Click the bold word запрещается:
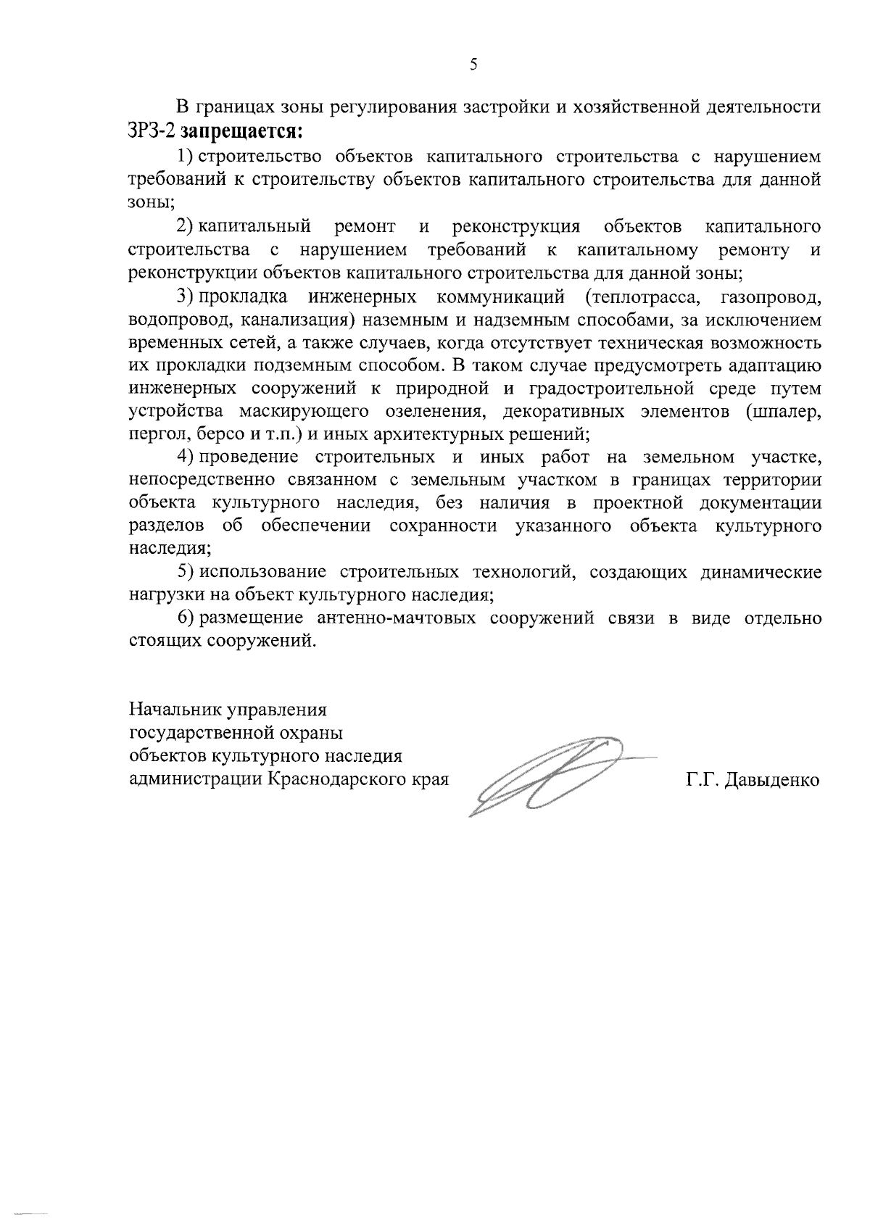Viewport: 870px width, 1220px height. tap(240, 132)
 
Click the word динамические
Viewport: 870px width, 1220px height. tap(761, 573)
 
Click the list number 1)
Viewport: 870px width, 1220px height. tap(186, 157)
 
